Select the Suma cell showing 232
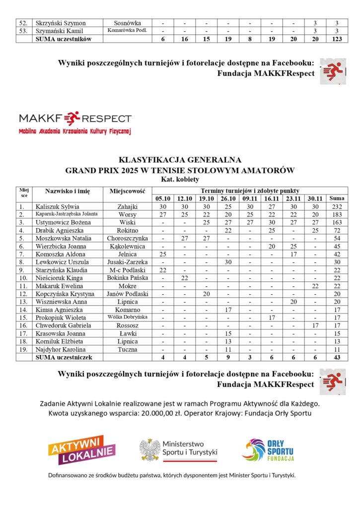pos(337,206)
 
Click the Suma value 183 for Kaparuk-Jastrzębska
pos(337,214)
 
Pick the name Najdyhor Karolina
pos(59,349)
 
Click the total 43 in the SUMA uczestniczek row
pos(337,357)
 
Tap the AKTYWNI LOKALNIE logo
pos(82,449)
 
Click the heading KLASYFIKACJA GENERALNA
pos(180,160)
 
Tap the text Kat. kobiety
pos(180,179)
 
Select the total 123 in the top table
pos(337,39)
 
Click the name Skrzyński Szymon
pos(60,23)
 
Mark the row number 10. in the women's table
pos(22,278)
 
